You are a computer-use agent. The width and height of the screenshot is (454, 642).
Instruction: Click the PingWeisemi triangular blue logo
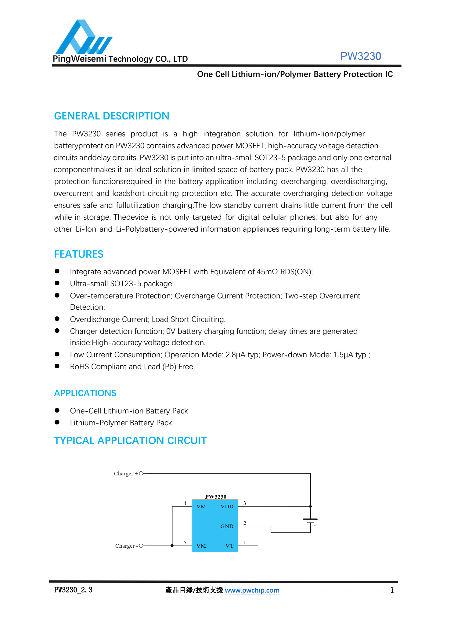tap(83, 38)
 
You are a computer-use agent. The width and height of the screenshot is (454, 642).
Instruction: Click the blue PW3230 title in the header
tap(360, 56)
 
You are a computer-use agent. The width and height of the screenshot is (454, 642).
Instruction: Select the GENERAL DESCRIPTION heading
tap(111, 116)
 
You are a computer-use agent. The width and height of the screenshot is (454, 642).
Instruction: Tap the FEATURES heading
tap(79, 254)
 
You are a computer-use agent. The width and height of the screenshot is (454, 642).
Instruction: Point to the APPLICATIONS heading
tap(85, 393)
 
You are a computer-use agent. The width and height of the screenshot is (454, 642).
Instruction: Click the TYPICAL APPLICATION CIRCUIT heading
tap(130, 441)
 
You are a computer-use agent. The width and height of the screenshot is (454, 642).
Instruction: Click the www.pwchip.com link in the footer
tap(252, 590)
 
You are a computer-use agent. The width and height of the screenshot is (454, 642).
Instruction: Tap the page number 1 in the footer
tap(392, 590)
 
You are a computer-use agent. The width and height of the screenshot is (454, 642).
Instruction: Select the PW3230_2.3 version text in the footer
tap(73, 590)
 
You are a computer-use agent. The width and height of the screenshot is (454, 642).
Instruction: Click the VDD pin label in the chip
tap(227, 507)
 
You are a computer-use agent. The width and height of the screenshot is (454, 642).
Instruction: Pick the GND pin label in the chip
tap(227, 526)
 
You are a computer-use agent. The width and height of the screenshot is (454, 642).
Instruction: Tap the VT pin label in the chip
tap(229, 546)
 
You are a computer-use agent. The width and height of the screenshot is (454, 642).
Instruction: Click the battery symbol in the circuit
tap(310, 521)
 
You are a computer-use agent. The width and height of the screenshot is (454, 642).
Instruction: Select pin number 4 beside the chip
tap(185, 503)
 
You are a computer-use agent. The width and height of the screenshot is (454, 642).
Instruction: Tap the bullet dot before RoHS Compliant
tap(57, 366)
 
